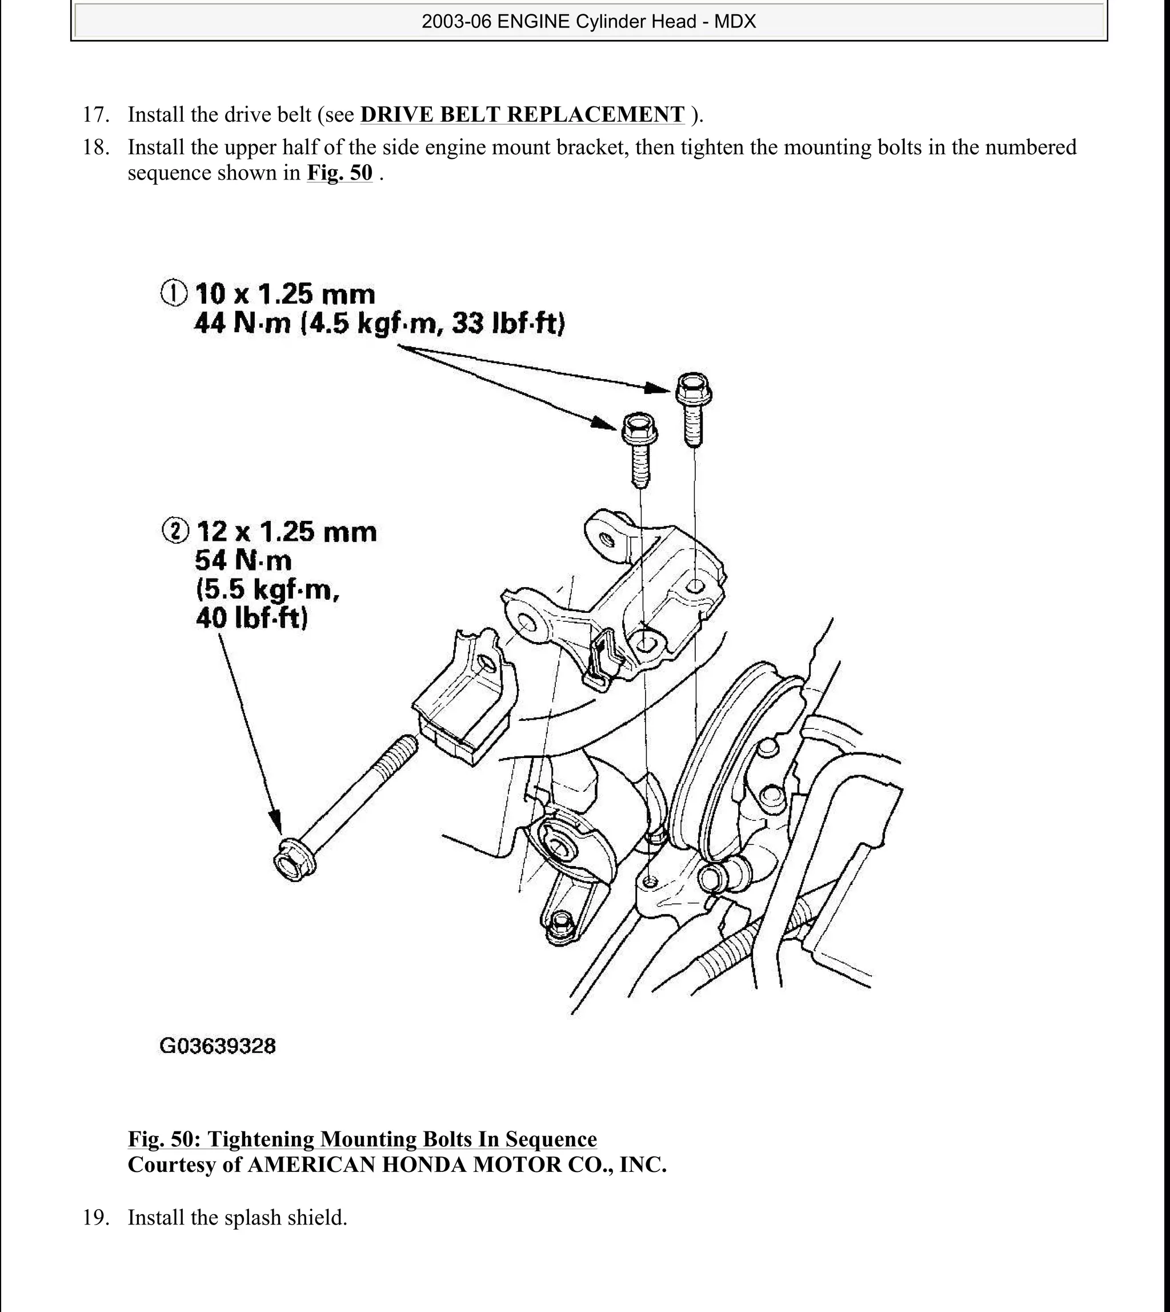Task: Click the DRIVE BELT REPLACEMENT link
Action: (522, 114)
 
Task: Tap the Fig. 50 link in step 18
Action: (339, 173)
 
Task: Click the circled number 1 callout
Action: (174, 293)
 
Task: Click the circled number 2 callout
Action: (175, 531)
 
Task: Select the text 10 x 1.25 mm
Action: (285, 294)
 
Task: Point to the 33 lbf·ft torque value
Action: (507, 323)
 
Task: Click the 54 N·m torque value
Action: (243, 560)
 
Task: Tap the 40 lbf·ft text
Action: (251, 617)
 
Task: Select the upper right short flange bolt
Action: (692, 408)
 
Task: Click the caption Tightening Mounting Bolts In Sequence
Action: (402, 1139)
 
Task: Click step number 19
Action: (96, 1218)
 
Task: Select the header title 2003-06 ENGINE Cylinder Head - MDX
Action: (588, 22)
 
